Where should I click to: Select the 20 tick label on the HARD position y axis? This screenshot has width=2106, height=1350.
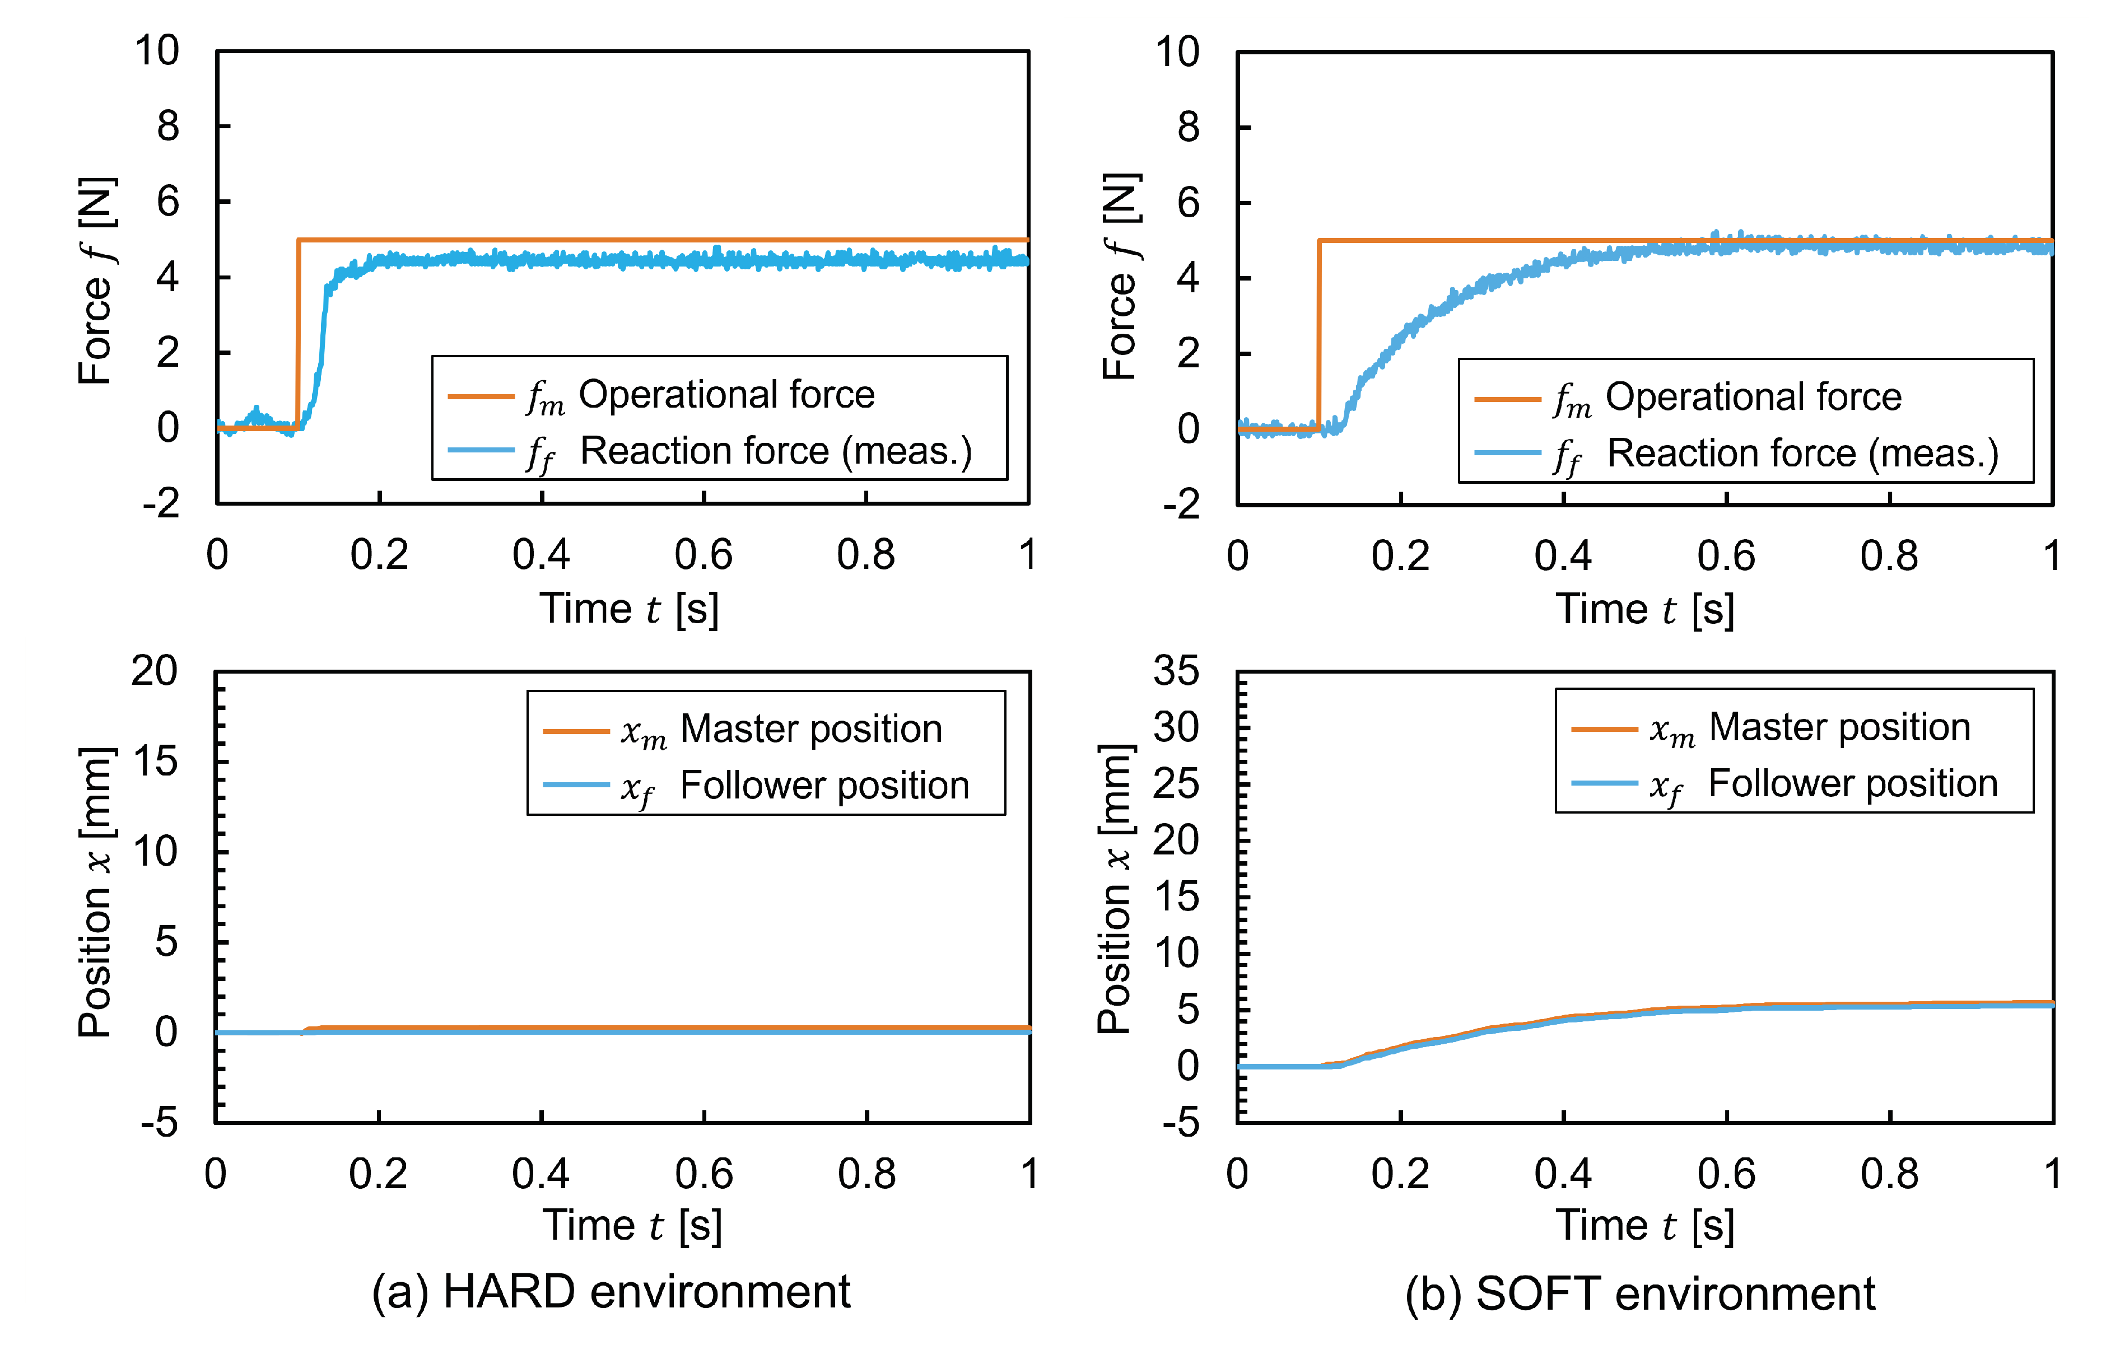(155, 671)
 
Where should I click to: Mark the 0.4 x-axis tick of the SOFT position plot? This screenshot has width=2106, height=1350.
(1563, 1174)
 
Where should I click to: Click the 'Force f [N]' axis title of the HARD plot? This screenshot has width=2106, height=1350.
(96, 281)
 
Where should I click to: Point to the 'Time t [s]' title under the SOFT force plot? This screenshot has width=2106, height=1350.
(1645, 609)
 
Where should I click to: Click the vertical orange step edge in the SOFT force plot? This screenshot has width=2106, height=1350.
(1318, 333)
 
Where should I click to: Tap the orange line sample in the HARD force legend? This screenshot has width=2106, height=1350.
(481, 396)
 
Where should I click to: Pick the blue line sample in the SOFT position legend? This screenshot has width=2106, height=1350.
(1604, 783)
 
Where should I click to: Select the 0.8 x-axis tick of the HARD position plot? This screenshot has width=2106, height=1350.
(866, 1174)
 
